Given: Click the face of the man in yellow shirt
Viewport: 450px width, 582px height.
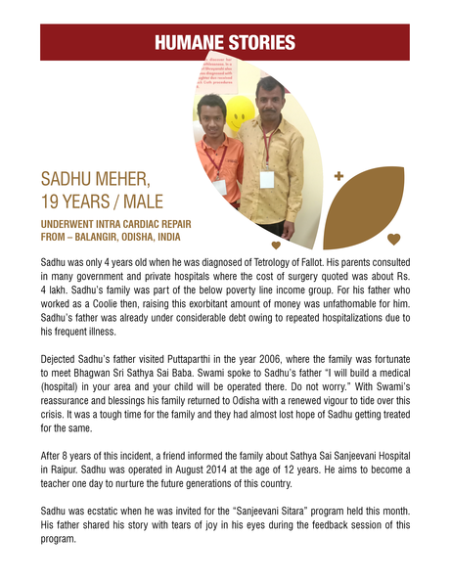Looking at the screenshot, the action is (270, 98).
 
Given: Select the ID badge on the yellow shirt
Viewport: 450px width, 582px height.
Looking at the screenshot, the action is (266, 179).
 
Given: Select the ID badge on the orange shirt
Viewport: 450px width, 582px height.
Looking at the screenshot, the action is (219, 186).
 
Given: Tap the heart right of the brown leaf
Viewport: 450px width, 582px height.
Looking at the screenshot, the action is (393, 238).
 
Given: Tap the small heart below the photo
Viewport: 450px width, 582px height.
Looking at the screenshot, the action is (276, 245).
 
